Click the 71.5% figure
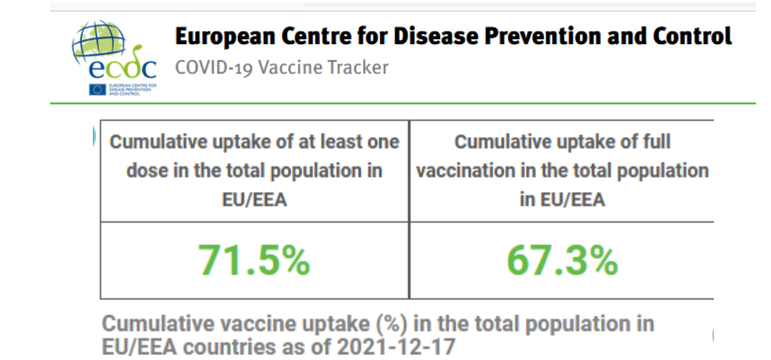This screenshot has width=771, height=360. pyautogui.click(x=254, y=260)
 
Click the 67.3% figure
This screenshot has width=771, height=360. pyautogui.click(x=562, y=260)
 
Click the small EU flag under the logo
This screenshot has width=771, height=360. pyautogui.click(x=97, y=89)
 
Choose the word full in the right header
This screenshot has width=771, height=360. pyautogui.click(x=651, y=142)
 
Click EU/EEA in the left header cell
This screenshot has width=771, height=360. pyautogui.click(x=254, y=199)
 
